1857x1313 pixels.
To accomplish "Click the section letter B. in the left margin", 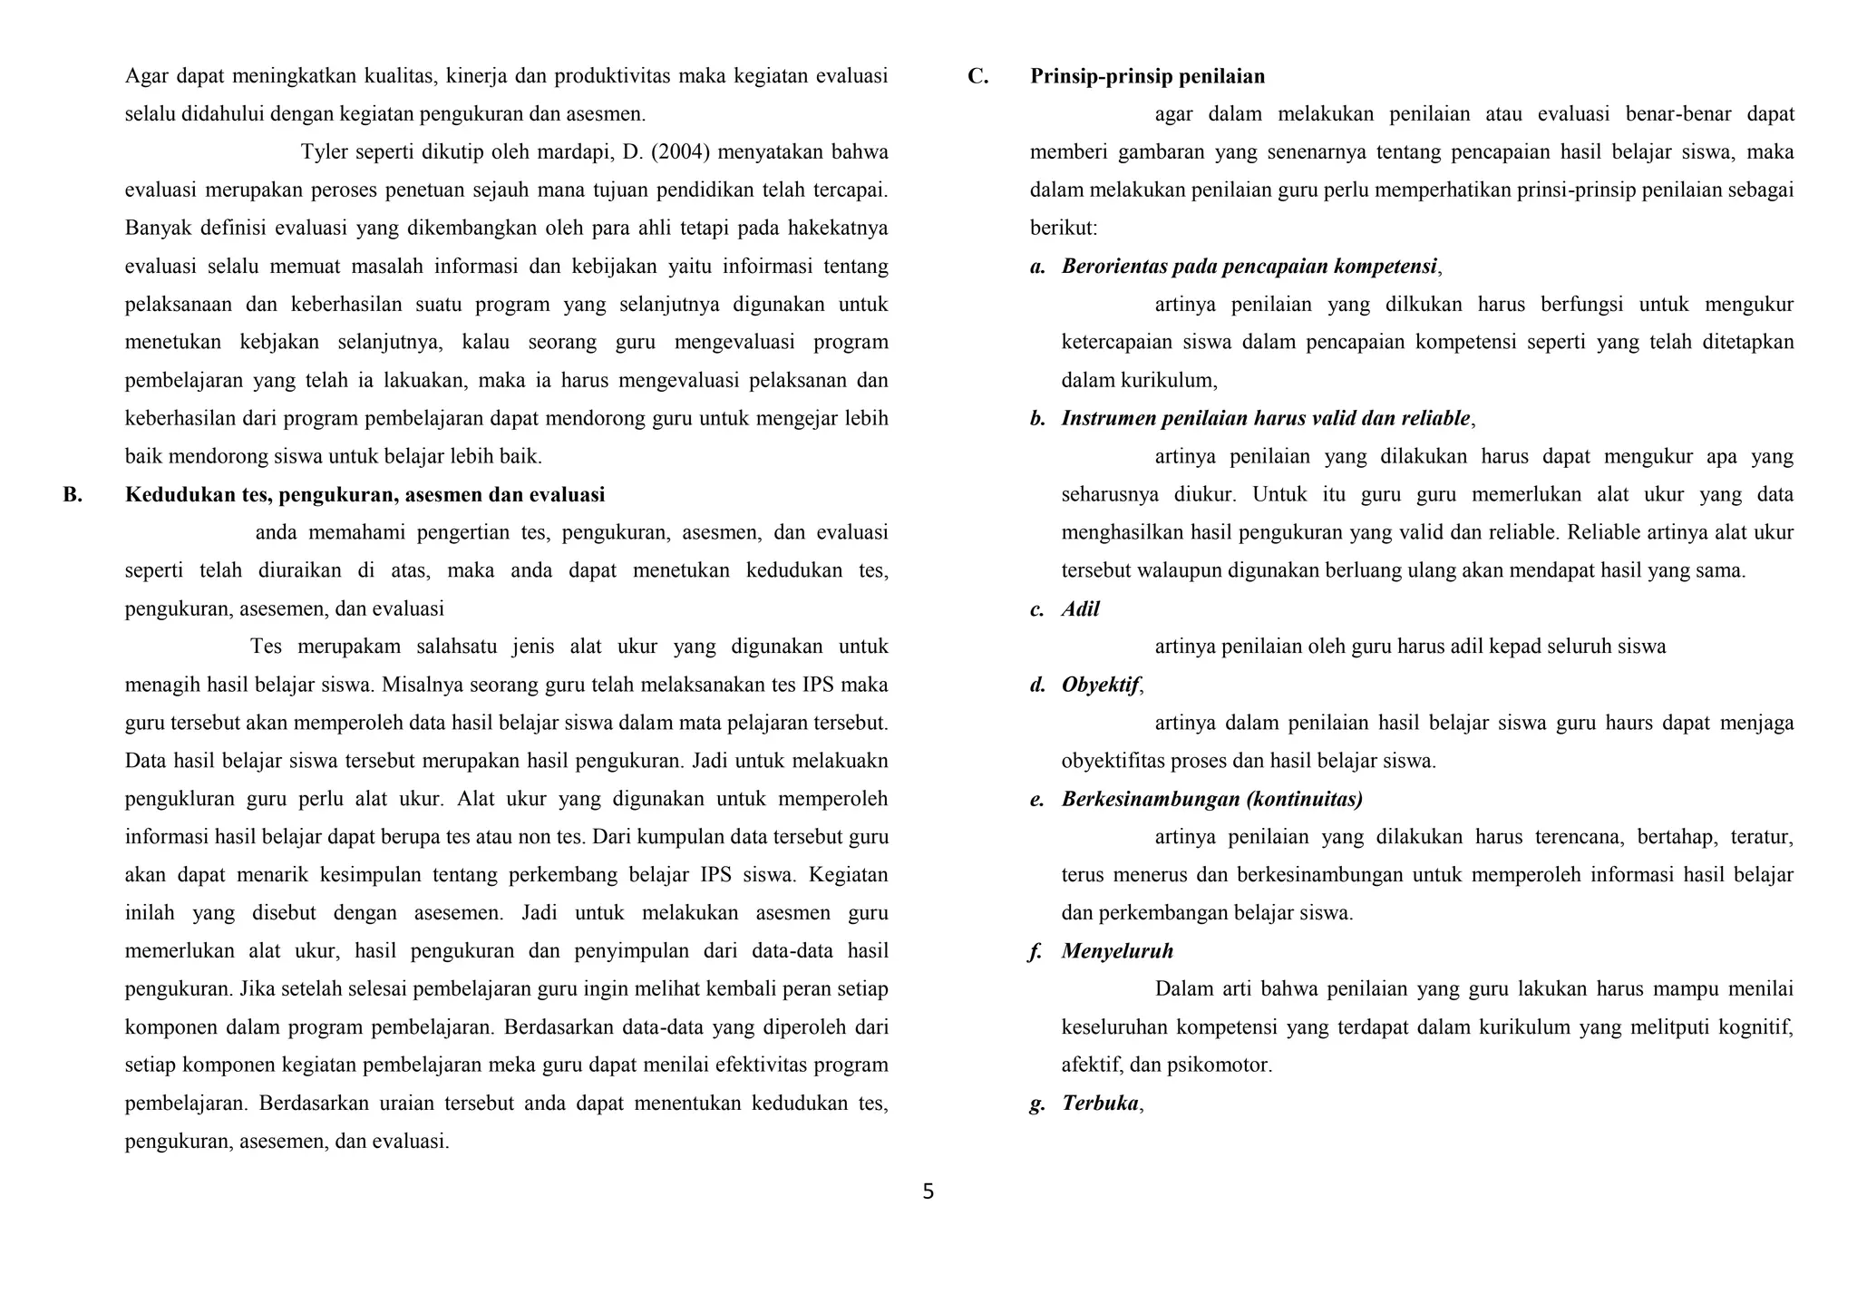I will [x=73, y=495].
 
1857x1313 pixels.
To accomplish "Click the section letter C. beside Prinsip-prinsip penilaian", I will [x=977, y=76].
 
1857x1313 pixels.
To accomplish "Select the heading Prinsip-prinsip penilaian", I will [x=1147, y=76].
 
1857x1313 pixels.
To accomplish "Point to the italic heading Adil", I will [x=1080, y=609].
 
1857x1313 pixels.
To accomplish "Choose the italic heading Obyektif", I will [x=1100, y=686].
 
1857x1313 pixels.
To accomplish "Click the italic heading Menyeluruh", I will [x=1117, y=951].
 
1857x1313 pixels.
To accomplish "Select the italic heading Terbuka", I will [x=1100, y=1104].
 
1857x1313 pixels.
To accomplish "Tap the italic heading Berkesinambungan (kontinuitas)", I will [x=1212, y=800].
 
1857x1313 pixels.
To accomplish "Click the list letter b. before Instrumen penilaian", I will [x=1037, y=419].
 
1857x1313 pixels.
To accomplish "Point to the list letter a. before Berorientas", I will [x=1037, y=267].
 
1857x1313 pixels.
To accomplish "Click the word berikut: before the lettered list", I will [x=1064, y=229].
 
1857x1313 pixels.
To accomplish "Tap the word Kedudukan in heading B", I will [x=170, y=495].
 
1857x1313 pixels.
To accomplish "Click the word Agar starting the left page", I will [x=145, y=76].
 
